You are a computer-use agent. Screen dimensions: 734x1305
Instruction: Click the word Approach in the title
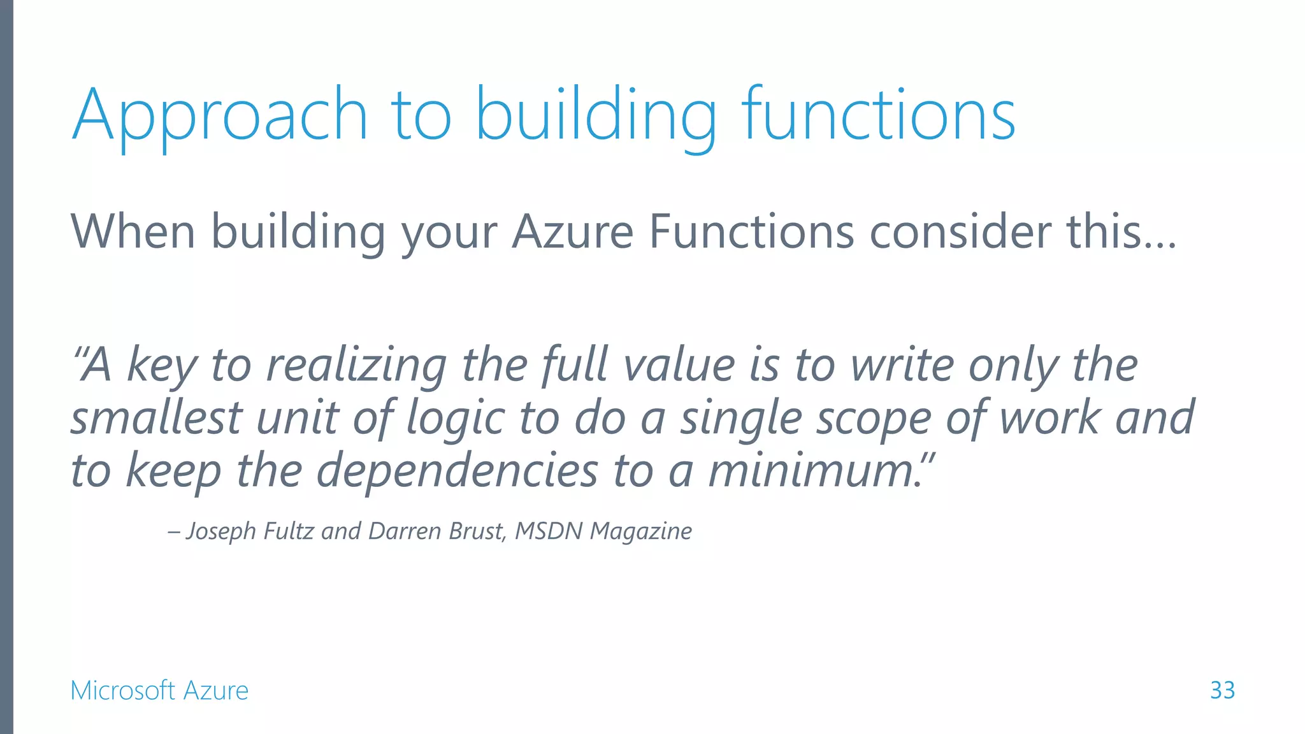tap(220, 116)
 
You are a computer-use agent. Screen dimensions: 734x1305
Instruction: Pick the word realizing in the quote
tap(356, 365)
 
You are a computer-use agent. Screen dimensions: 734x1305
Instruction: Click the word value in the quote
tap(679, 365)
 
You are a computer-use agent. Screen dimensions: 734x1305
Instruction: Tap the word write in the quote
tap(902, 365)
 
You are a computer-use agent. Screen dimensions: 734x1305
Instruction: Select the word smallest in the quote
tap(156, 418)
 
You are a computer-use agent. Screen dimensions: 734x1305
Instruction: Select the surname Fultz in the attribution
tap(288, 531)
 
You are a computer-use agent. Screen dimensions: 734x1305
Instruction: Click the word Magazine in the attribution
tap(640, 531)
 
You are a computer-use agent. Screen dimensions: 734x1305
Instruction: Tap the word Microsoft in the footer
tap(122, 691)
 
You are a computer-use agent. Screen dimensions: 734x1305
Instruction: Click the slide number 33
tap(1222, 690)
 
